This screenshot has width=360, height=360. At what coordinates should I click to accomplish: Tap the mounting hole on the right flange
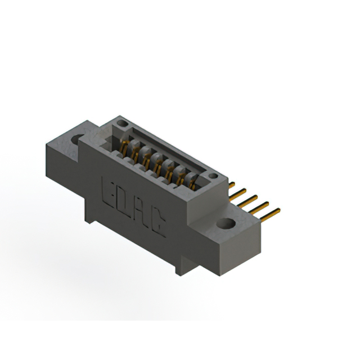[227, 223]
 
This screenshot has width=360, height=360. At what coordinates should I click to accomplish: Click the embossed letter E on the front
[109, 190]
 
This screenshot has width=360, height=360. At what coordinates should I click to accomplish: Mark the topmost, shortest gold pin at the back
[231, 184]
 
